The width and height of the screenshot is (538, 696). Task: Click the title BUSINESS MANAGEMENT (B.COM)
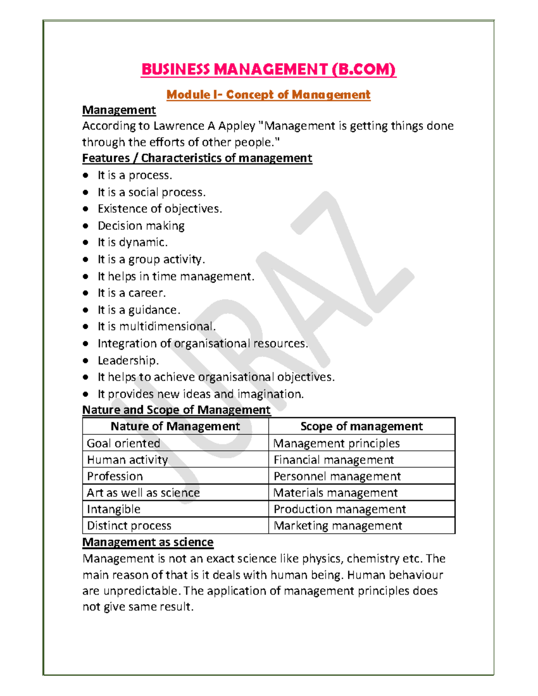[x=268, y=69]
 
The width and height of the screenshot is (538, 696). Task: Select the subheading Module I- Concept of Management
[x=268, y=95]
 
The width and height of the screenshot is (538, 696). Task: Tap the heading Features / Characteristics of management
[x=197, y=158]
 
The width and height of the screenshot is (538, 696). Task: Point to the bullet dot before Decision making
[x=86, y=226]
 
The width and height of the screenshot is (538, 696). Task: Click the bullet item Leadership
[x=128, y=360]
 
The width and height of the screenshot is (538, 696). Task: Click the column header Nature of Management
[x=175, y=426]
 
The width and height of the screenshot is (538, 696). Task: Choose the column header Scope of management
[x=361, y=426]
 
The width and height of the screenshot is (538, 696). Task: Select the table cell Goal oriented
[x=123, y=443]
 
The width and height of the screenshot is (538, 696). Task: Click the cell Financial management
[x=334, y=460]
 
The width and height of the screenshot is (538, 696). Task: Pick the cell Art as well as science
[x=143, y=493]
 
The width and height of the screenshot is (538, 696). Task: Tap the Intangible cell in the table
[x=113, y=509]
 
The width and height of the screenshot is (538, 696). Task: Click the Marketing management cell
[x=338, y=526]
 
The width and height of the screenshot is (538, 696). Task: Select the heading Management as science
[x=148, y=542]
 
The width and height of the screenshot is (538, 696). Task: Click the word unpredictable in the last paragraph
[x=142, y=591]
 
